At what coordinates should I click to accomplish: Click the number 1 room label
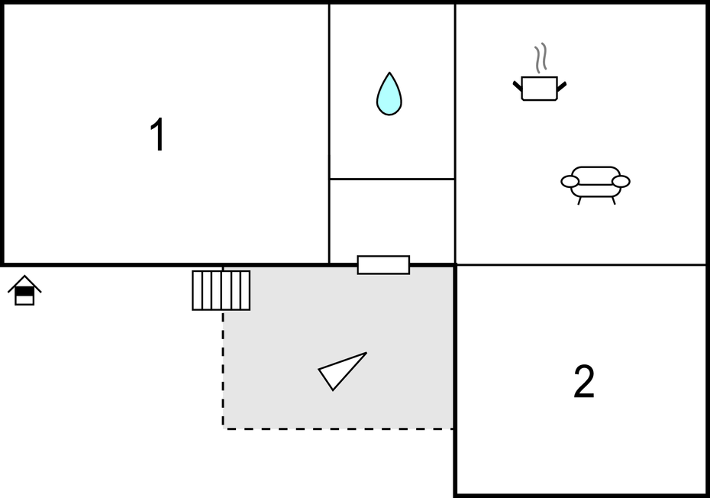(x=157, y=134)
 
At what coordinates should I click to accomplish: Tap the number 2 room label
(x=584, y=382)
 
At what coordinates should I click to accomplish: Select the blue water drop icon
(x=389, y=94)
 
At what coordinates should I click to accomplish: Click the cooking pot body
(x=539, y=89)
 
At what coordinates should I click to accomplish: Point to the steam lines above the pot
(x=541, y=57)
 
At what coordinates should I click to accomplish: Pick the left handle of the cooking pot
(x=518, y=86)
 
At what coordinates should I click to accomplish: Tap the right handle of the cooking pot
(x=561, y=86)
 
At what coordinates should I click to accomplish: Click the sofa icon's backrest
(x=595, y=174)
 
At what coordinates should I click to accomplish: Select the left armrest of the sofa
(x=570, y=182)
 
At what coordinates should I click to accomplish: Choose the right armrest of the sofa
(x=621, y=181)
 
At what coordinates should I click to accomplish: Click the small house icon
(x=25, y=290)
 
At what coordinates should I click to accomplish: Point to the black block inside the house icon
(x=24, y=292)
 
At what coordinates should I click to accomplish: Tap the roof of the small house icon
(x=25, y=283)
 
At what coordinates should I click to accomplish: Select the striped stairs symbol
(x=221, y=290)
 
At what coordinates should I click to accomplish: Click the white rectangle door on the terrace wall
(x=383, y=265)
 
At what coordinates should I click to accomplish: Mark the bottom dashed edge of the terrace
(x=338, y=428)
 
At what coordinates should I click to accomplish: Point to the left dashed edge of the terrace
(x=223, y=370)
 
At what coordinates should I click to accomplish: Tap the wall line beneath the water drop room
(x=392, y=179)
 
